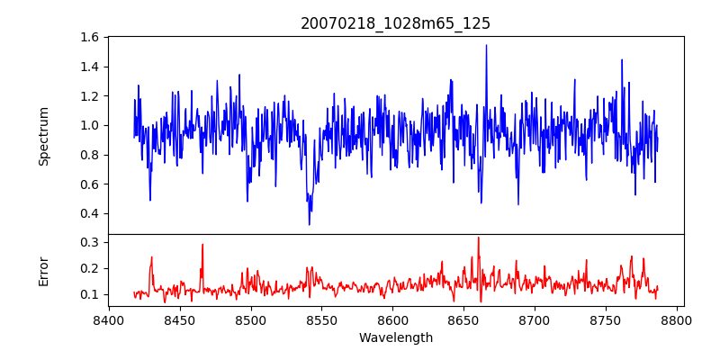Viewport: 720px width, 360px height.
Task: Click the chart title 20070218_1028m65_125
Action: (x=395, y=24)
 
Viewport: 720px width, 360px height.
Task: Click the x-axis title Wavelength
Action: (x=395, y=337)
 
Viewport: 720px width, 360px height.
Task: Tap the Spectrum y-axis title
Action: (x=44, y=136)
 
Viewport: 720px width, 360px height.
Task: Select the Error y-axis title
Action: (x=44, y=271)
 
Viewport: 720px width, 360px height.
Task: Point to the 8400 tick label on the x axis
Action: (x=109, y=319)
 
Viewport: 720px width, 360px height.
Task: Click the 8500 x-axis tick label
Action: (x=251, y=319)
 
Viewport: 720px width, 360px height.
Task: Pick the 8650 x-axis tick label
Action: (x=464, y=319)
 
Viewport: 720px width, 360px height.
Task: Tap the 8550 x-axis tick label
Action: (x=322, y=319)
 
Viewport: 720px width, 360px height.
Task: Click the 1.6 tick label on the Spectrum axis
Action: (x=90, y=38)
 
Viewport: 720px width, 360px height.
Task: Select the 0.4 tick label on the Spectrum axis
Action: (x=90, y=213)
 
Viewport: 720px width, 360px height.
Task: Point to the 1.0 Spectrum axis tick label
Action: (x=90, y=125)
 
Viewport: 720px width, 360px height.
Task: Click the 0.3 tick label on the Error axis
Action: (x=90, y=242)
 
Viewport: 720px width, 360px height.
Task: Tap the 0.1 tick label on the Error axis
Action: (x=90, y=294)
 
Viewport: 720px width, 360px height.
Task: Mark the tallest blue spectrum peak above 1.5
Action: (x=486, y=45)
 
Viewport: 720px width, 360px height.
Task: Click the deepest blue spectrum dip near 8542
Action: (x=310, y=224)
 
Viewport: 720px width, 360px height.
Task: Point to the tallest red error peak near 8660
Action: (x=478, y=238)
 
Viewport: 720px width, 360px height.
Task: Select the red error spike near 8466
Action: (x=202, y=245)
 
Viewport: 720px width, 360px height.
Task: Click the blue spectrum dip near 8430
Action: (x=150, y=200)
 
